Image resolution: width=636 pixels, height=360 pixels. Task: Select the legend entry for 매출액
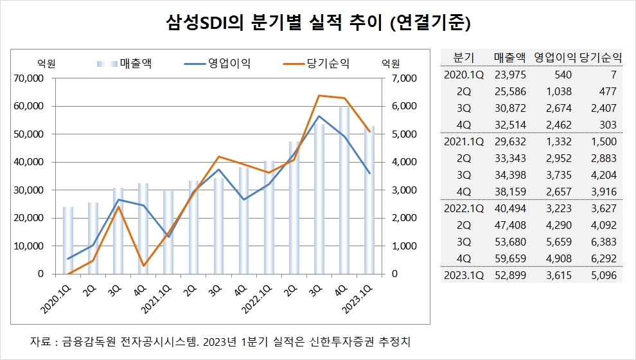pyautogui.click(x=134, y=63)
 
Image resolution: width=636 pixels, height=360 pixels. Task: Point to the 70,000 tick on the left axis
pyautogui.click(x=29, y=78)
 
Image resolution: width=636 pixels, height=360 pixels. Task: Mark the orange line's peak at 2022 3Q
pyautogui.click(x=319, y=96)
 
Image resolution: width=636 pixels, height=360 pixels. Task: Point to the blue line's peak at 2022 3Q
pyautogui.click(x=319, y=116)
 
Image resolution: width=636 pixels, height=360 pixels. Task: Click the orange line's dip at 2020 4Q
pyautogui.click(x=143, y=265)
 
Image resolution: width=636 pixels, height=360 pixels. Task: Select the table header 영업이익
pyautogui.click(x=555, y=57)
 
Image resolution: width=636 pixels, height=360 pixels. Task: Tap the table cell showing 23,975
pyautogui.click(x=510, y=75)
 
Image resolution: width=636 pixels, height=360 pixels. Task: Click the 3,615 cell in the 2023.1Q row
pyautogui.click(x=557, y=276)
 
